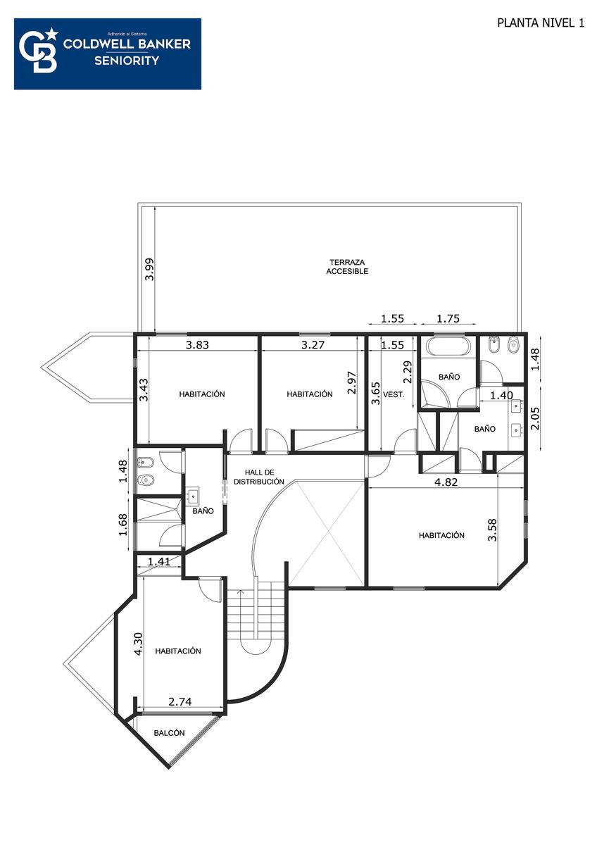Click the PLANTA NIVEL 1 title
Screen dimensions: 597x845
point(541,23)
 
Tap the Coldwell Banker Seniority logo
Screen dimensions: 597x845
point(108,54)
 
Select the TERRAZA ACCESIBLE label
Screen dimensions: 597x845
point(347,266)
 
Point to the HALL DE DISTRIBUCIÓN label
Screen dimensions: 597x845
point(259,477)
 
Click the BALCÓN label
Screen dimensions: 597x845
point(170,732)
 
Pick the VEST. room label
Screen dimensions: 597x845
point(394,395)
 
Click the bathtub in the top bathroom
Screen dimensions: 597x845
point(448,346)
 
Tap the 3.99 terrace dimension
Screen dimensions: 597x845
point(150,269)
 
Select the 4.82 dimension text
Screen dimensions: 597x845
point(446,482)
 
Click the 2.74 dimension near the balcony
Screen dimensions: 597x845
point(180,701)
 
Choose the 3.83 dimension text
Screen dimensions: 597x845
point(197,345)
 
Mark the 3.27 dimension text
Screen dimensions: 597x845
point(313,345)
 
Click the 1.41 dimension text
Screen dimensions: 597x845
point(159,561)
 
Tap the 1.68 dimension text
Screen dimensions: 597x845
point(123,525)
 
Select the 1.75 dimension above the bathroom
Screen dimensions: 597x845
point(448,319)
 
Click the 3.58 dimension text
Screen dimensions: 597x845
point(493,530)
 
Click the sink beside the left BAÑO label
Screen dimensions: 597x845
point(194,496)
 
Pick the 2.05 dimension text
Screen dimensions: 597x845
point(535,418)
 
